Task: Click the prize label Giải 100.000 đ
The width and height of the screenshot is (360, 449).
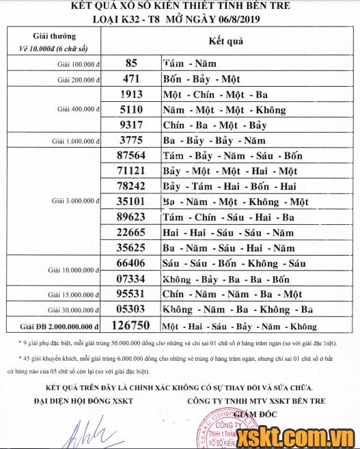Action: tap(79, 64)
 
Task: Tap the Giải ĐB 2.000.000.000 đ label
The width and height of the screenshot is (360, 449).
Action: tap(61, 327)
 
